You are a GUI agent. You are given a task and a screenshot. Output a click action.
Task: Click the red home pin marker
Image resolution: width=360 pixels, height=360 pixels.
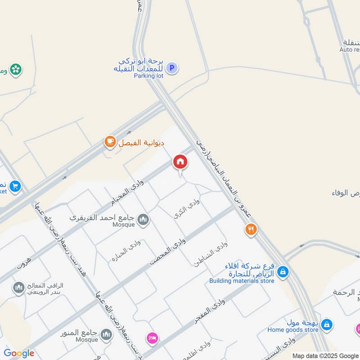click(x=180, y=162)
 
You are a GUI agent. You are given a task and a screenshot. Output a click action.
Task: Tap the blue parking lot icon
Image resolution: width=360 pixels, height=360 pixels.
click(x=171, y=68)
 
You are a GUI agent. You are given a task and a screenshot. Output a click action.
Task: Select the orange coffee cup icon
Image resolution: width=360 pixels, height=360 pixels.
click(x=109, y=142)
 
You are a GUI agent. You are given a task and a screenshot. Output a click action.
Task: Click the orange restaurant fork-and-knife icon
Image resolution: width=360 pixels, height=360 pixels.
click(x=251, y=230)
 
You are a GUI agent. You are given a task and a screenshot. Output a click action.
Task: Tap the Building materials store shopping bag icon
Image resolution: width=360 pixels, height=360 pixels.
click(x=283, y=271)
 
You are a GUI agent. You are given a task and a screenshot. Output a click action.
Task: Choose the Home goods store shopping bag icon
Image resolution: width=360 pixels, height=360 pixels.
click(x=327, y=324)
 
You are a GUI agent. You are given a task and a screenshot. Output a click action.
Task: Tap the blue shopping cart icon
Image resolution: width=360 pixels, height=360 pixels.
click(x=15, y=185)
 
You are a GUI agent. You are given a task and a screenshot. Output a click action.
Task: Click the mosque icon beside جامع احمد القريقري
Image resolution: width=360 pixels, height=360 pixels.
click(x=143, y=219)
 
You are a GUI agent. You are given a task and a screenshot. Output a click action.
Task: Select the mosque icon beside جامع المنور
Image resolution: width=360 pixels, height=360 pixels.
click(x=106, y=334)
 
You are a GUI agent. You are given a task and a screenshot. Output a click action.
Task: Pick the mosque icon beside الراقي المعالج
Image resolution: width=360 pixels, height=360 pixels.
click(x=18, y=287)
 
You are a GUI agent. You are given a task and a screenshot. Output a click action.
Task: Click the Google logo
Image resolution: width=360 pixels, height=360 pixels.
click(x=19, y=353)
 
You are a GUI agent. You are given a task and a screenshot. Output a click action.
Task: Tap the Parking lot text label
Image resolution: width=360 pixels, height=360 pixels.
click(x=148, y=76)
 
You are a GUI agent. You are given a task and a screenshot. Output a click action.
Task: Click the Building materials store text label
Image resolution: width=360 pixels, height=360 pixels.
click(x=242, y=281)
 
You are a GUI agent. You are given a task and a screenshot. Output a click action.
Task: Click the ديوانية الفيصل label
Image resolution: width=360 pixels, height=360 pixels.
click(x=141, y=143)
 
